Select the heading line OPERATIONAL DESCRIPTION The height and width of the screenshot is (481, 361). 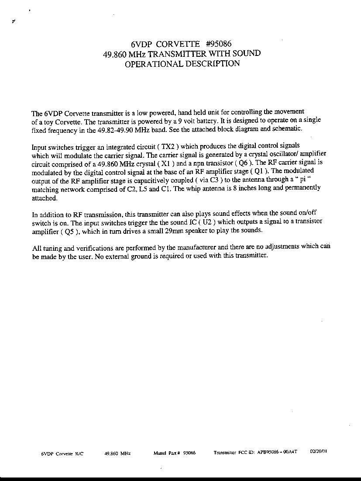coord(182,64)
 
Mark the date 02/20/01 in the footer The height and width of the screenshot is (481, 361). coord(319,452)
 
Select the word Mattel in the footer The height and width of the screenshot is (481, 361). coord(159,453)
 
